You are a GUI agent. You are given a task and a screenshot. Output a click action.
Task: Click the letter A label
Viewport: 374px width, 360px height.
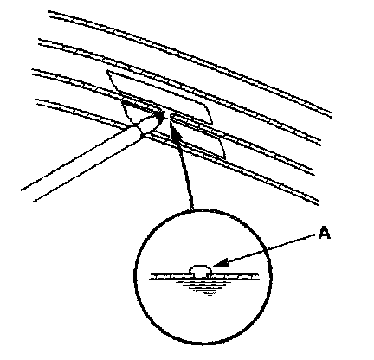(325, 233)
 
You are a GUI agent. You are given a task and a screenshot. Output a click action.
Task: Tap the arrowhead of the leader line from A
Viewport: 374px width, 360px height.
(218, 263)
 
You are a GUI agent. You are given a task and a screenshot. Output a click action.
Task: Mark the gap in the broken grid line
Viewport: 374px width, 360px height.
(167, 114)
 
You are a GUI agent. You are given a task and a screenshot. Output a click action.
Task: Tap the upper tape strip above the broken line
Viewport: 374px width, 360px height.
(159, 96)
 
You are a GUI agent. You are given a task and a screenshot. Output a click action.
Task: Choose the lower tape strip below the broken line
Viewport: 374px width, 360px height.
(173, 130)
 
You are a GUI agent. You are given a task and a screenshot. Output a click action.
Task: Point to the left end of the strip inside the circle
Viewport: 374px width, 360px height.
(150, 277)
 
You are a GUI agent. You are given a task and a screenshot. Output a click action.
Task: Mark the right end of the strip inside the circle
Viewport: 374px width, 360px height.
(257, 277)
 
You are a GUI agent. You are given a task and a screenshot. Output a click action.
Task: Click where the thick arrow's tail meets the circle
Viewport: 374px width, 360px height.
(191, 209)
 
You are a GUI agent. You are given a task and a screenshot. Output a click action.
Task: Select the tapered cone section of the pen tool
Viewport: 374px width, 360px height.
(150, 124)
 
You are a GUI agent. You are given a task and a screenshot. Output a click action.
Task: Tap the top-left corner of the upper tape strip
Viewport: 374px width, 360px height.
(106, 71)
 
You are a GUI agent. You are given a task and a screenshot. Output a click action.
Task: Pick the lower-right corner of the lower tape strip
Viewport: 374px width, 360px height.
(225, 158)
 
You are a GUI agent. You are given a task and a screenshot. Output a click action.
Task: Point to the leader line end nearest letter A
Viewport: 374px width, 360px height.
(314, 235)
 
